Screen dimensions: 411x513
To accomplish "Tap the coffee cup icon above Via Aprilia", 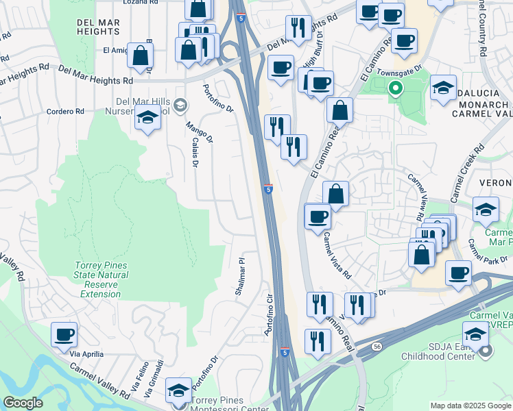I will [64, 334].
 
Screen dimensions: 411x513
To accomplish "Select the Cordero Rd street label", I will [65, 112].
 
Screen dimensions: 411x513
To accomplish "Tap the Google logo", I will [22, 403].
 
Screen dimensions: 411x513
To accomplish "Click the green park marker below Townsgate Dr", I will [395, 88].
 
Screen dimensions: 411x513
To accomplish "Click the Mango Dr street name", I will [197, 134].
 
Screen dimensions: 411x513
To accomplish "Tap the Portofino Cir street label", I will [269, 314].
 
